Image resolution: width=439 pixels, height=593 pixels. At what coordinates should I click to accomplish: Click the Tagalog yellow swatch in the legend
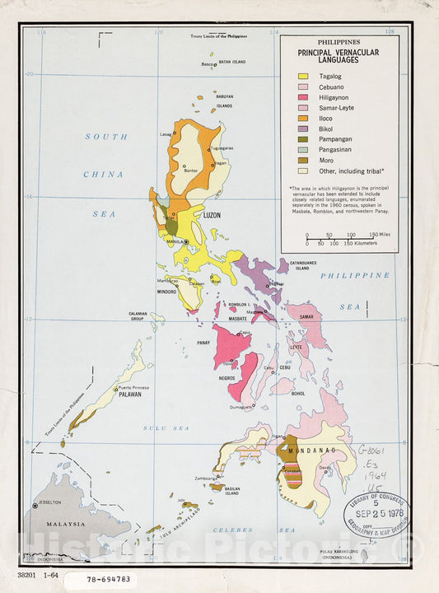[303, 76]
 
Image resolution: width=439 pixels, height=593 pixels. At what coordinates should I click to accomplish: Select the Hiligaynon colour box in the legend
[303, 96]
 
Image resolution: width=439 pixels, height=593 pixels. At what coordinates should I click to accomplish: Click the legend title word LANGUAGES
[334, 60]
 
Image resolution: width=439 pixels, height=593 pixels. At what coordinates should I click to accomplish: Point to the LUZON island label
[212, 215]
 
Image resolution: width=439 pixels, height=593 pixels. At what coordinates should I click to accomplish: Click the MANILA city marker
[187, 242]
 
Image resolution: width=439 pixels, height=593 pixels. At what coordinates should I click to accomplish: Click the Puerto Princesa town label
[136, 387]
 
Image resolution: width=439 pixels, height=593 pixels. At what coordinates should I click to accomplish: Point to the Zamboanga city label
[204, 478]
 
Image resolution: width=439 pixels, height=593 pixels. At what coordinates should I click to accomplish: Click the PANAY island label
[203, 342]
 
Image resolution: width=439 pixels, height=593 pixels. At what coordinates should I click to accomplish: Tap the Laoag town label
[166, 134]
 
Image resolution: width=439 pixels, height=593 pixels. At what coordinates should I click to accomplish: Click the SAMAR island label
[307, 317]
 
